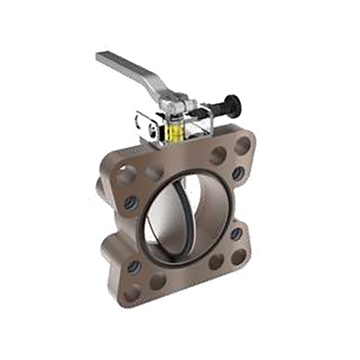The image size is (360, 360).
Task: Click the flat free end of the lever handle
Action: click(x=102, y=58)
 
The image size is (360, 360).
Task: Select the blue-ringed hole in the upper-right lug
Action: click(x=238, y=173)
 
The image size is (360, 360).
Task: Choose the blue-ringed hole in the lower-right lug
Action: click(x=236, y=234)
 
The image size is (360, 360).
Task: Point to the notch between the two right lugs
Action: click(x=247, y=205)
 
